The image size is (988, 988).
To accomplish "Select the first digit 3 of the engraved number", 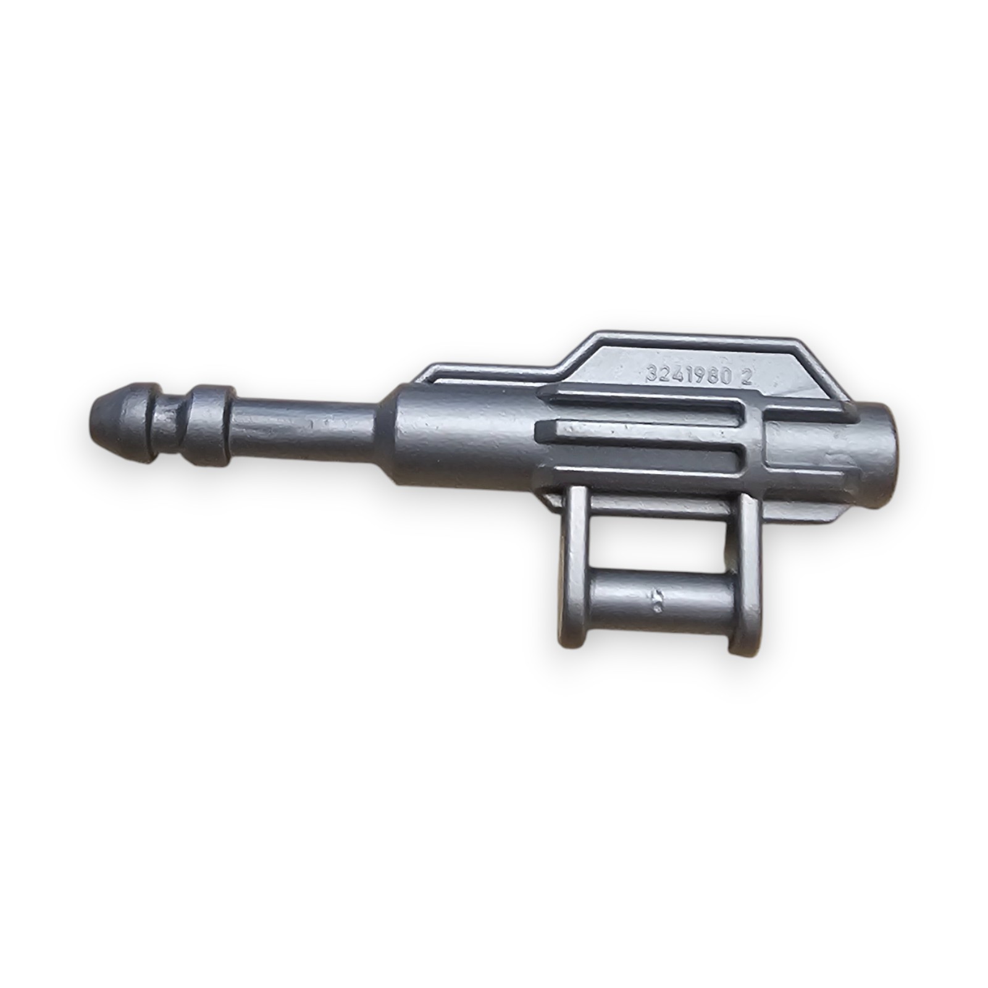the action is (650, 374).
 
